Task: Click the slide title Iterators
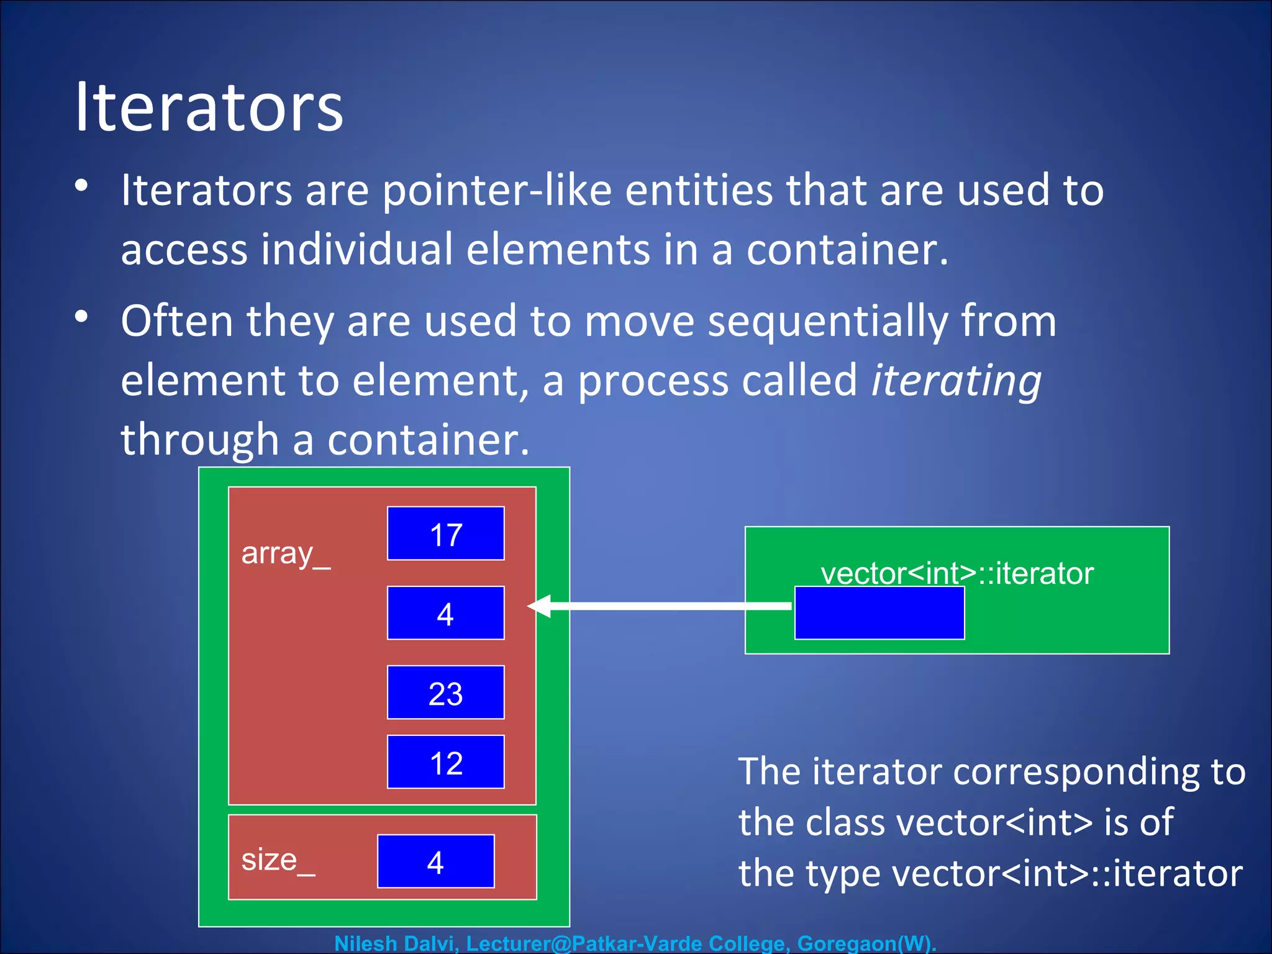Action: pyautogui.click(x=209, y=107)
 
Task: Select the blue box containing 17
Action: pyautogui.click(x=445, y=534)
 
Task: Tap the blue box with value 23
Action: pyautogui.click(x=445, y=693)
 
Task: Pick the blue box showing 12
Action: pyautogui.click(x=445, y=762)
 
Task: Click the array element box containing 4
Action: pyautogui.click(x=445, y=613)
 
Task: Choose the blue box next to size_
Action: pyautogui.click(x=435, y=861)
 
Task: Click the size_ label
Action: pyautogui.click(x=278, y=861)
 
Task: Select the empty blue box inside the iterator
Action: pyautogui.click(x=879, y=613)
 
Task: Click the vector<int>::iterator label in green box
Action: pyautogui.click(x=956, y=573)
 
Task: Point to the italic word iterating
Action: pyautogui.click(x=956, y=380)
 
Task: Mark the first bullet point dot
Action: pyautogui.click(x=81, y=186)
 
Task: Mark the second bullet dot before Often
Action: pyautogui.click(x=81, y=317)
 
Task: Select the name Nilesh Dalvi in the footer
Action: pyautogui.click(x=394, y=943)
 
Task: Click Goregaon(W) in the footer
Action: pyautogui.click(x=865, y=943)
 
